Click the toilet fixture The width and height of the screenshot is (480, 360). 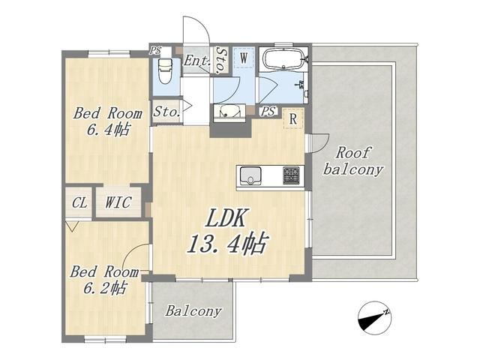(165, 72)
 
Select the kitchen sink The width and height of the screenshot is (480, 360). (250, 175)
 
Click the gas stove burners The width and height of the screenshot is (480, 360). (291, 175)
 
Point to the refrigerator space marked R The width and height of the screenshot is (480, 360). (293, 118)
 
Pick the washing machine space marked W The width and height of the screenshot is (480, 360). (244, 58)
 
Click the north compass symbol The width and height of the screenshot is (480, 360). (375, 318)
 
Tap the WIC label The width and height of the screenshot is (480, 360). (118, 202)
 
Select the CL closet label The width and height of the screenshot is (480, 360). (79, 202)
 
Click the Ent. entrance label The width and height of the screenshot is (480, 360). (196, 61)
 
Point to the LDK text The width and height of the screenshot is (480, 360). (226, 217)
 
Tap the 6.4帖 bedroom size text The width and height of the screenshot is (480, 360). (109, 130)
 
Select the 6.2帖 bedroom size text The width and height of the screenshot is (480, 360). (105, 288)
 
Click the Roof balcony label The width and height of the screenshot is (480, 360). (353, 161)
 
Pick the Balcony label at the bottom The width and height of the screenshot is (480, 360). (193, 311)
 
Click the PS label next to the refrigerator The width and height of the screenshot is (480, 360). (268, 111)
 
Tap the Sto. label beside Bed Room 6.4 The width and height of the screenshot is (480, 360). (166, 112)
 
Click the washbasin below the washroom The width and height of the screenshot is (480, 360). (228, 112)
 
